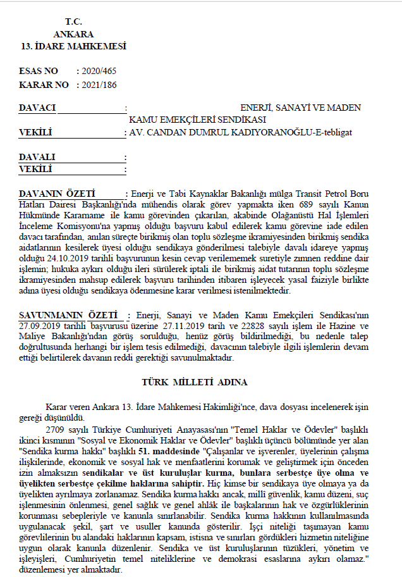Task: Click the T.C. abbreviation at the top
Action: click(x=73, y=22)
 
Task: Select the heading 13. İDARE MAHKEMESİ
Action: click(x=73, y=46)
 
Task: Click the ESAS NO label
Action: click(x=39, y=71)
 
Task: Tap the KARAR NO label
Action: click(x=42, y=84)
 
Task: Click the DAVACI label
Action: click(x=37, y=108)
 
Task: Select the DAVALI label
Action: click(x=37, y=157)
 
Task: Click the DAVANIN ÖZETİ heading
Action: click(x=57, y=193)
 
